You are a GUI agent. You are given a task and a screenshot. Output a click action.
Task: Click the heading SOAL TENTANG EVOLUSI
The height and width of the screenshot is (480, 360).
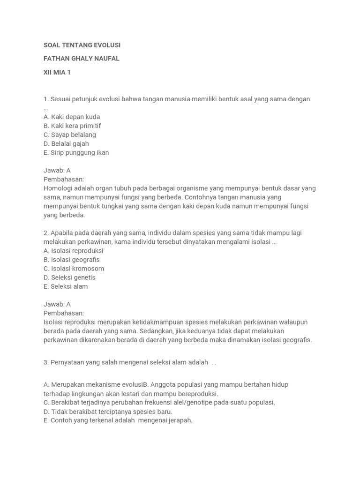coord(82,45)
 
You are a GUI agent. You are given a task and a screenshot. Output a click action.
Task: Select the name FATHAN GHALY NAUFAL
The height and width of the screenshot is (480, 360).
coord(82,59)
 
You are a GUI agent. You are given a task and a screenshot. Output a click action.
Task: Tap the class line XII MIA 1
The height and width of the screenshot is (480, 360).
coord(57,72)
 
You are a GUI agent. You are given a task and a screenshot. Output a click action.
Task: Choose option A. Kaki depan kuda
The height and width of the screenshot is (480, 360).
coord(72,117)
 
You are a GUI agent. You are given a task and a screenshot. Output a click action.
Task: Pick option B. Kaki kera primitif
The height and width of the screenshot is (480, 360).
coord(72,126)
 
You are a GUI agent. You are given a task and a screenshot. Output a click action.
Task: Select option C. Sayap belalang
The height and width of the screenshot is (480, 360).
coord(70,135)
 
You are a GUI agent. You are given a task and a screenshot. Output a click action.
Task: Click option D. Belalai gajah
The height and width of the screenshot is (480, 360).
coord(66,143)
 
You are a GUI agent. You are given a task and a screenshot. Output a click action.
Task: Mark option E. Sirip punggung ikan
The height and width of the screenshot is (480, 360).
coord(76,152)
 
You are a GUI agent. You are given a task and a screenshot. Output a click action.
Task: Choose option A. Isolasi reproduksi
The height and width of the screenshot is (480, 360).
coord(74,251)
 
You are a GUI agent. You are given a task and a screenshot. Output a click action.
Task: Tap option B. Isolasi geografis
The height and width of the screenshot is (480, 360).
coord(72,260)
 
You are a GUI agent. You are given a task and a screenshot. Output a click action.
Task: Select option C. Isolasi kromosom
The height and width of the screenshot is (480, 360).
coord(74,269)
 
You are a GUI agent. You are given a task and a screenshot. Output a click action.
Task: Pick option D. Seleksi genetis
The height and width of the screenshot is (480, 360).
coord(70,277)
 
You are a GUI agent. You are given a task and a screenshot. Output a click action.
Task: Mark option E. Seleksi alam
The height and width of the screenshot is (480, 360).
coord(66,286)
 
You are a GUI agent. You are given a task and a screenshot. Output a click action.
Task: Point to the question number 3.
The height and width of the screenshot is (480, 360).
coord(46,362)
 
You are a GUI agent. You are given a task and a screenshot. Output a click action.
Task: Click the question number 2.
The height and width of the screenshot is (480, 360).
coord(46,233)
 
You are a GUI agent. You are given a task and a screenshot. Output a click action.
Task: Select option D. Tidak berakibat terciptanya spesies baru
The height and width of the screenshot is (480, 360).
coord(108,412)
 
